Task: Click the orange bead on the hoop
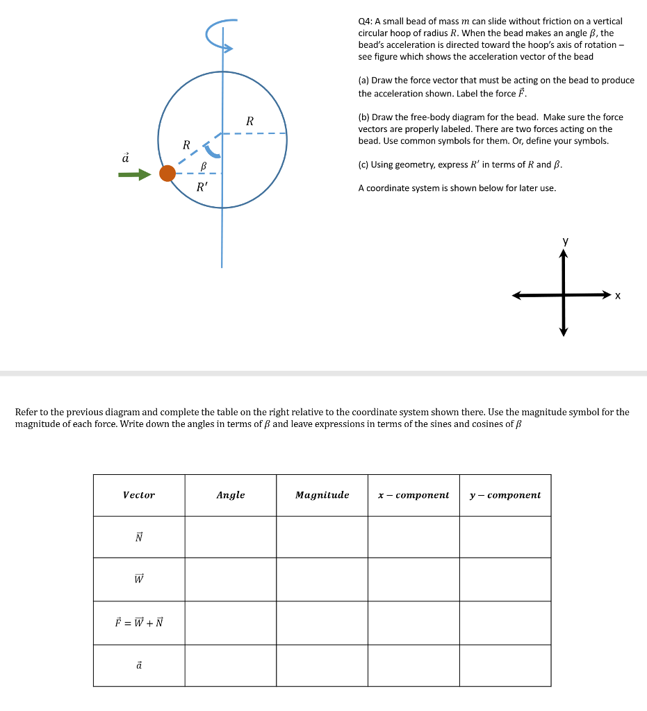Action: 167,174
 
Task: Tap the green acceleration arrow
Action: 134,175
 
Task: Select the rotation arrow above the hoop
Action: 223,35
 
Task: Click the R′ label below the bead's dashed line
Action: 202,187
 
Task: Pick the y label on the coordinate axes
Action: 564,241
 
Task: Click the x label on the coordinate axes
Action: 617,296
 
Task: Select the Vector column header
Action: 139,495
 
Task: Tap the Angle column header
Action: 231,495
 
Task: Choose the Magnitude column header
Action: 322,495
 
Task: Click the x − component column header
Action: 413,495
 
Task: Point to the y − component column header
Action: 505,495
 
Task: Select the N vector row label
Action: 139,537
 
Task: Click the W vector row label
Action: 139,579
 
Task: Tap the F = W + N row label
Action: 139,622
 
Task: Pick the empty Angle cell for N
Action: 231,537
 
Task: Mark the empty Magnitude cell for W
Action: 322,579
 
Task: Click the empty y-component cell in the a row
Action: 505,665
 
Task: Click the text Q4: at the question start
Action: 366,22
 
